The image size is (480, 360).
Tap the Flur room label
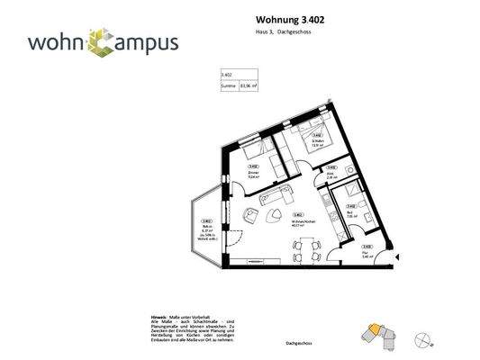click(x=367, y=253)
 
